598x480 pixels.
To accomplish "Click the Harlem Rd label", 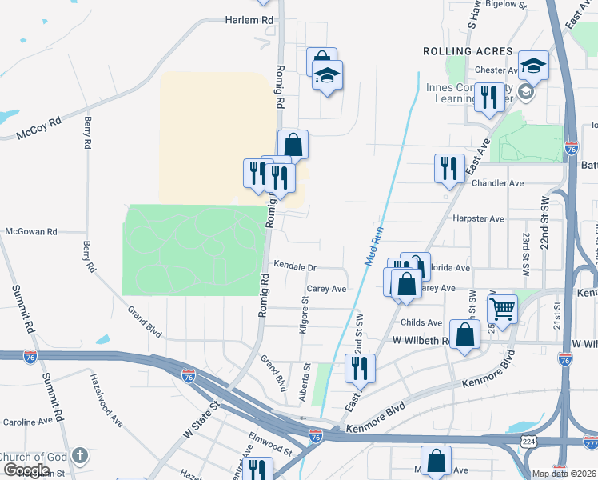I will [x=249, y=19].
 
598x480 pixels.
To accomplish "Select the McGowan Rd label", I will [x=31, y=231].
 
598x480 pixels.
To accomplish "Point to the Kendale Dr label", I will [x=295, y=266].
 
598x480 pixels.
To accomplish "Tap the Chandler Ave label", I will [x=497, y=183].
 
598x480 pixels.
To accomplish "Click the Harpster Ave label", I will [x=478, y=218].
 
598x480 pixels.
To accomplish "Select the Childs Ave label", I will [x=422, y=322].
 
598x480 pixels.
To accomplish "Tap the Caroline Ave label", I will [x=28, y=422].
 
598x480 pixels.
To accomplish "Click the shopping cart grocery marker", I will [x=502, y=308].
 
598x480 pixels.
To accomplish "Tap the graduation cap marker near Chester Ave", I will [x=533, y=66].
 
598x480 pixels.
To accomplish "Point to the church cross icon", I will [x=78, y=456].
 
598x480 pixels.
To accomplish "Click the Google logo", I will [x=26, y=470].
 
